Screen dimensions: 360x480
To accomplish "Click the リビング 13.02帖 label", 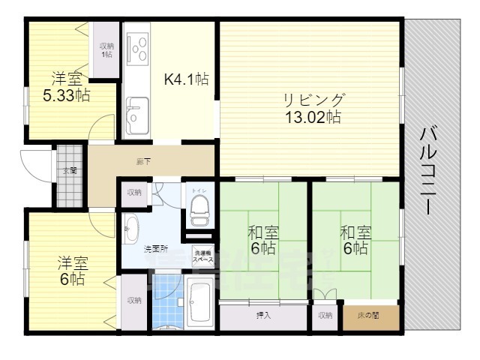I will (x=313, y=108).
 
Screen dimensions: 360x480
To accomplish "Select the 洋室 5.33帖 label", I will (x=66, y=86).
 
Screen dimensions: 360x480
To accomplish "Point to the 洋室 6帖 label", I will (x=73, y=271).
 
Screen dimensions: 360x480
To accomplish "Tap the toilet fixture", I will (x=199, y=211).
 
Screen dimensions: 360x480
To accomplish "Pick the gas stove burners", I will (x=137, y=49).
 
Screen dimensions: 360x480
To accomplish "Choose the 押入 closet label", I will (x=263, y=316).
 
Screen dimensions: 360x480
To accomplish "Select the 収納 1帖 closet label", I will (x=106, y=50).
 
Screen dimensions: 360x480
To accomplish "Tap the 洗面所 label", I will (x=156, y=248).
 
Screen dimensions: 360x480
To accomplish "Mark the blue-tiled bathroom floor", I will (x=167, y=303).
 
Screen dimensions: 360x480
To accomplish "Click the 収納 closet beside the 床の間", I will (x=325, y=316).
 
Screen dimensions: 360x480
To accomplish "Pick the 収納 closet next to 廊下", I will (x=134, y=193).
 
